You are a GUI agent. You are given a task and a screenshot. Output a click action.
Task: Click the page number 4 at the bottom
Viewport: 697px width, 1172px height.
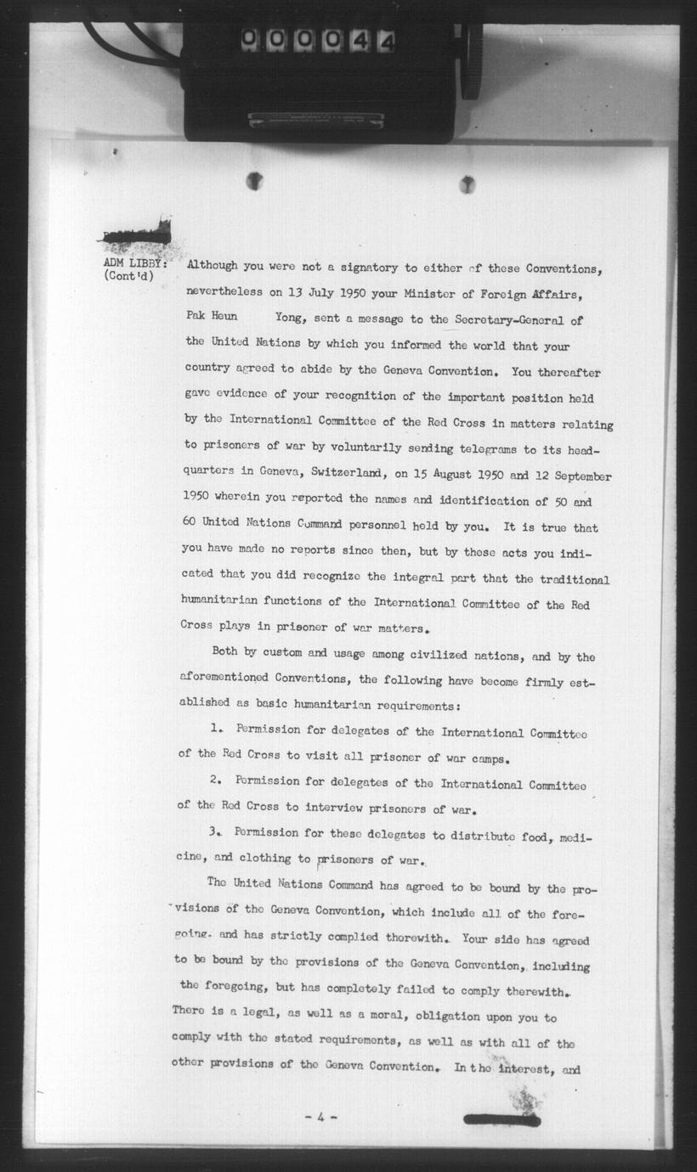pos(320,1118)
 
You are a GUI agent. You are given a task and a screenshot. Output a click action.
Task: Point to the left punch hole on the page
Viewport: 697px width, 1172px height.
pos(254,181)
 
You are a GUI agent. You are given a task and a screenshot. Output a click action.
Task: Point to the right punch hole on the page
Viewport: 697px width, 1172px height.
pos(467,184)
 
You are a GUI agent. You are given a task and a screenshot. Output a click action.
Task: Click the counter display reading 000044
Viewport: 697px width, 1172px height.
pos(317,41)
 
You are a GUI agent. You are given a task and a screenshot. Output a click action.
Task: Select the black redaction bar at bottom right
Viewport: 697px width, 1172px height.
pos(501,1120)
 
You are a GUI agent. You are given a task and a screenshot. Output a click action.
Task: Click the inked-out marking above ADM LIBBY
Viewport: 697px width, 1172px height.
pos(136,233)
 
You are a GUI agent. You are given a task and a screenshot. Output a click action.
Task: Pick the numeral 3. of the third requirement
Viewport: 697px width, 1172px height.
pos(216,832)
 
